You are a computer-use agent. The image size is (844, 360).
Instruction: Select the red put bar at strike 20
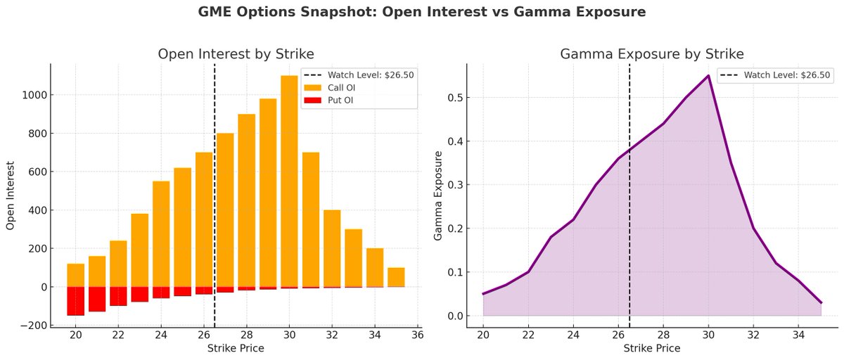pyautogui.click(x=75, y=301)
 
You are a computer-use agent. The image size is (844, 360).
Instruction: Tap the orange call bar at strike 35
pyautogui.click(x=396, y=277)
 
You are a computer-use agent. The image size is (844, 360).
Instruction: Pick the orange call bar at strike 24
pyautogui.click(x=161, y=234)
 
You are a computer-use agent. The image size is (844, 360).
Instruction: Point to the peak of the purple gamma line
pyautogui.click(x=708, y=76)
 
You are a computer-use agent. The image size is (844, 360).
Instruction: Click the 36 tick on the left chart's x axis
pyautogui.click(x=417, y=335)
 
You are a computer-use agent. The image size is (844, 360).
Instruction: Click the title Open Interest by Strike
pyautogui.click(x=236, y=54)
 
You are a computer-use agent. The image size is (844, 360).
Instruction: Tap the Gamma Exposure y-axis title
pyautogui.click(x=438, y=195)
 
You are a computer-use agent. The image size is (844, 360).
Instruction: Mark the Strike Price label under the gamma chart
pyautogui.click(x=652, y=348)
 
